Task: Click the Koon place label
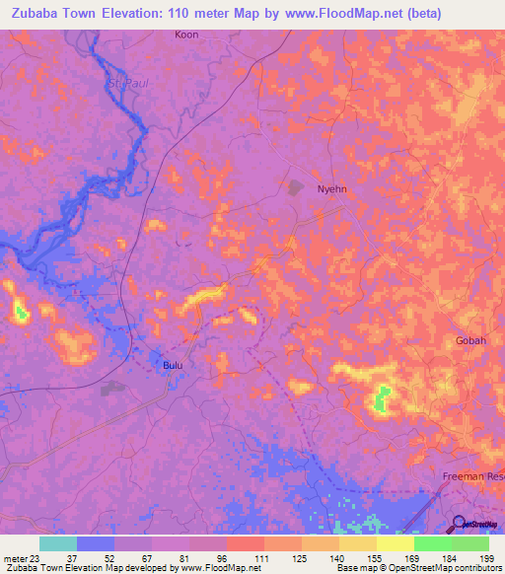(x=186, y=35)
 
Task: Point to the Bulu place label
(x=173, y=365)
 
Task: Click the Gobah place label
(x=470, y=340)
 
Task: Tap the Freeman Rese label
(x=472, y=476)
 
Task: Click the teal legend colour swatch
(x=58, y=543)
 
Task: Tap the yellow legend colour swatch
(x=395, y=543)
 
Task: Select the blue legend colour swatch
(x=96, y=543)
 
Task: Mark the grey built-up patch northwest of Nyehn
(x=294, y=185)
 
